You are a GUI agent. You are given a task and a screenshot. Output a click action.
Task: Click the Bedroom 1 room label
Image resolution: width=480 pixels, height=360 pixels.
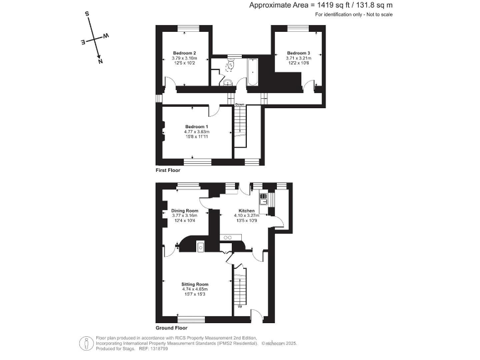[197, 127]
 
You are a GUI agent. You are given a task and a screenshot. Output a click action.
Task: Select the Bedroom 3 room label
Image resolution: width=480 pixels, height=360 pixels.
[299, 53]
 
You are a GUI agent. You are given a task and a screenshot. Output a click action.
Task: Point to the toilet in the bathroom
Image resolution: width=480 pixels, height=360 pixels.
[230, 64]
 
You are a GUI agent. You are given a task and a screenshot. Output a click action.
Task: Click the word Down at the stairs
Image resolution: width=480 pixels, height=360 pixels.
[239, 104]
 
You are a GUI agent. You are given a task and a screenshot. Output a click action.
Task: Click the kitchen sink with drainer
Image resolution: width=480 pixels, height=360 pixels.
[265, 199]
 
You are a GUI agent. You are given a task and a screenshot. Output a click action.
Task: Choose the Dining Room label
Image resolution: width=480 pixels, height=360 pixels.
[184, 211]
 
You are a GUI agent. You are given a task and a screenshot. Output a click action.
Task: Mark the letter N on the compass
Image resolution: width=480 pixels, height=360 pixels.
[101, 61]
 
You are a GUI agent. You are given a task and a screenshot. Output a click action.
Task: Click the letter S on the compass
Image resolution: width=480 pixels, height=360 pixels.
[87, 13]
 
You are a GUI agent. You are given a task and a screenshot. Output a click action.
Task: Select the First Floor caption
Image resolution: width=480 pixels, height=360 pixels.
[168, 170]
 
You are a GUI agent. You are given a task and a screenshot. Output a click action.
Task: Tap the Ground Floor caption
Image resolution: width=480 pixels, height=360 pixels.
[171, 327]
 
